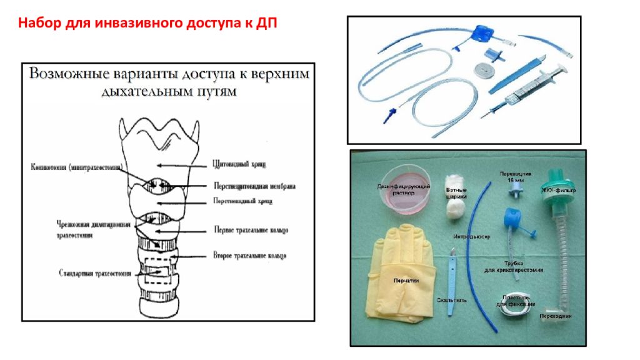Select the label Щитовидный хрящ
(239, 164)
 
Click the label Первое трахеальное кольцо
(251, 230)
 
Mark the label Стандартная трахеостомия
(95, 273)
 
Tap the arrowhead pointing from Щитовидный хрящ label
(159, 165)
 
